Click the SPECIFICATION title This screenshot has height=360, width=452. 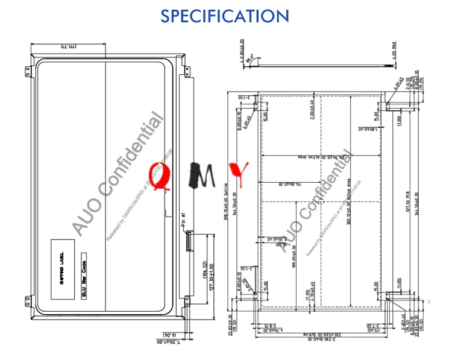pos(225,16)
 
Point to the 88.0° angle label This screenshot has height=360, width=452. pos(250,60)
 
